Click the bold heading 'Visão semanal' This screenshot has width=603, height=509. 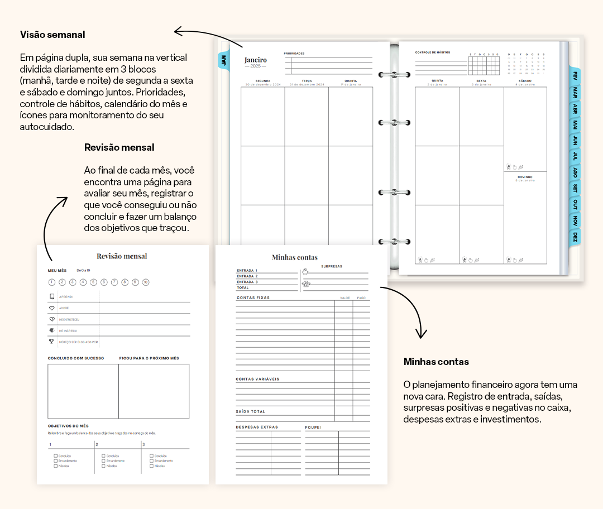point(52,35)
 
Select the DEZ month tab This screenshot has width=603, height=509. point(575,237)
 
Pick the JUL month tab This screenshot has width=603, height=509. point(575,156)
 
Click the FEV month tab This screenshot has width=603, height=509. point(575,75)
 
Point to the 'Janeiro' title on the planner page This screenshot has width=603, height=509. point(256,60)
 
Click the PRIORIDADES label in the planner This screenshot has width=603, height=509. point(294,54)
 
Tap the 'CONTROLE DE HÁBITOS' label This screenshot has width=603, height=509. point(432,52)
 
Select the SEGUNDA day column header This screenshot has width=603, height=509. point(263,81)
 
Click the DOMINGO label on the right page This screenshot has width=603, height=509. point(525,177)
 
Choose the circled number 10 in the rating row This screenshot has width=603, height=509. point(146,282)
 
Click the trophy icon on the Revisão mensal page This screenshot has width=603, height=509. point(52,342)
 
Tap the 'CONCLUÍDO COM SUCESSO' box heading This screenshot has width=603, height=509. point(76,358)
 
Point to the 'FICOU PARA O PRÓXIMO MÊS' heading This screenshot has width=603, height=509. point(149,358)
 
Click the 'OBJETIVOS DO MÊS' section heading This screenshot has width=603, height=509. point(68,426)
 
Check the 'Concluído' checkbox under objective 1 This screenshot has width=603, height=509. point(56,456)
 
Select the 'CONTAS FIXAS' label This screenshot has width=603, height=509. point(253,298)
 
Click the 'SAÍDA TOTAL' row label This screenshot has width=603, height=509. point(250,412)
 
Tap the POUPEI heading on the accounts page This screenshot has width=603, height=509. point(313,428)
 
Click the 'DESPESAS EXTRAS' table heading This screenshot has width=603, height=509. point(257,428)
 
